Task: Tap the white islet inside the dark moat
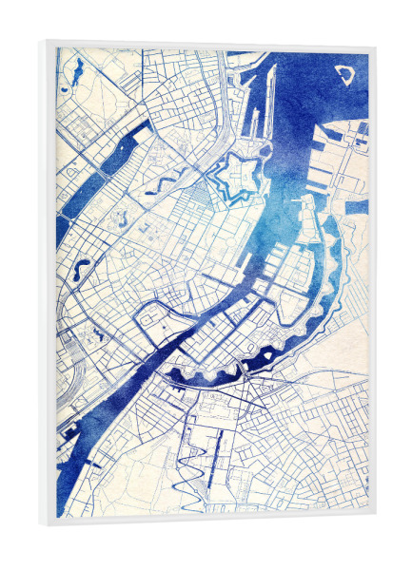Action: point(261,357)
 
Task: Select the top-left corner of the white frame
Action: point(45,42)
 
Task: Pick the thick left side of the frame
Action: point(48,285)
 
